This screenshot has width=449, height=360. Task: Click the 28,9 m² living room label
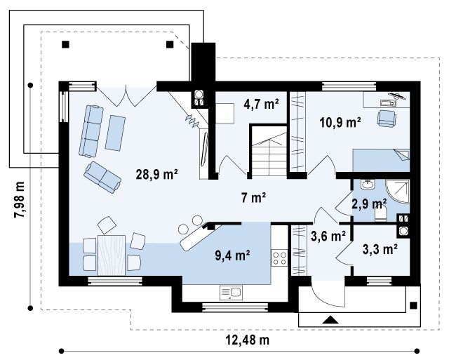pyautogui.click(x=156, y=174)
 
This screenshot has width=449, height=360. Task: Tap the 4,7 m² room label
pyautogui.click(x=261, y=105)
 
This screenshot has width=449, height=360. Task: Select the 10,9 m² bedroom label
pyautogui.click(x=340, y=123)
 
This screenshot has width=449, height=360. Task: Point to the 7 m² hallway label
pyautogui.click(x=253, y=198)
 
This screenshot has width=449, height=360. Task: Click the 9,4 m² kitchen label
pyautogui.click(x=232, y=255)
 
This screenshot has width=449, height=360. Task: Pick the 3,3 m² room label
pyautogui.click(x=380, y=249)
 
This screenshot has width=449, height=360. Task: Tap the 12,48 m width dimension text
pyautogui.click(x=248, y=340)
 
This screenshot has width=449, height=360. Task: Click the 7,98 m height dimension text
pyautogui.click(x=20, y=199)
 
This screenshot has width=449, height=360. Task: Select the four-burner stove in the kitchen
pyautogui.click(x=279, y=258)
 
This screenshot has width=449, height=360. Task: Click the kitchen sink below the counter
pyautogui.click(x=231, y=293)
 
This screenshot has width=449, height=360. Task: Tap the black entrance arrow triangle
pyautogui.click(x=330, y=319)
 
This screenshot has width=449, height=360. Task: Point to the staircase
pyautogui.click(x=269, y=154)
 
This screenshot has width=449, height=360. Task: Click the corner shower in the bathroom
pyautogui.click(x=398, y=192)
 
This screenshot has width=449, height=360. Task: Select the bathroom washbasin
pyautogui.click(x=368, y=185)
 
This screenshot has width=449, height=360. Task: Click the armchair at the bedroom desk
pyautogui.click(x=387, y=118)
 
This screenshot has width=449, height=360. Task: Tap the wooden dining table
pyautogui.click(x=112, y=255)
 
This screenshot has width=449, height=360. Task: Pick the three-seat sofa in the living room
pyautogui.click(x=91, y=131)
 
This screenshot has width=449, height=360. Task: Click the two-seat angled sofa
pyautogui.click(x=102, y=178)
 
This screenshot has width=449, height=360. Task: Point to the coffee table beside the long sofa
pyautogui.click(x=115, y=133)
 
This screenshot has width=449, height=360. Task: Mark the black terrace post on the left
pyautogui.click(x=65, y=44)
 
